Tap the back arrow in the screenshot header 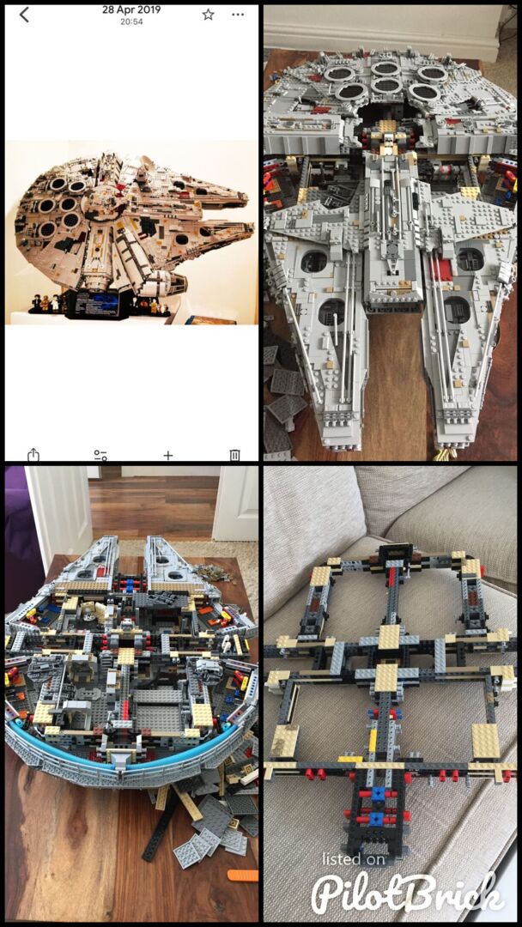pyautogui.click(x=24, y=15)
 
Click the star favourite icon pyautogui.click(x=208, y=15)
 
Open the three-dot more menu pyautogui.click(x=238, y=15)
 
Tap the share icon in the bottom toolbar pyautogui.click(x=33, y=455)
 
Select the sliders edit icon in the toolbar pyautogui.click(x=100, y=455)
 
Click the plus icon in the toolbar pyautogui.click(x=168, y=455)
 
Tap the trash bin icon pyautogui.click(x=234, y=455)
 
